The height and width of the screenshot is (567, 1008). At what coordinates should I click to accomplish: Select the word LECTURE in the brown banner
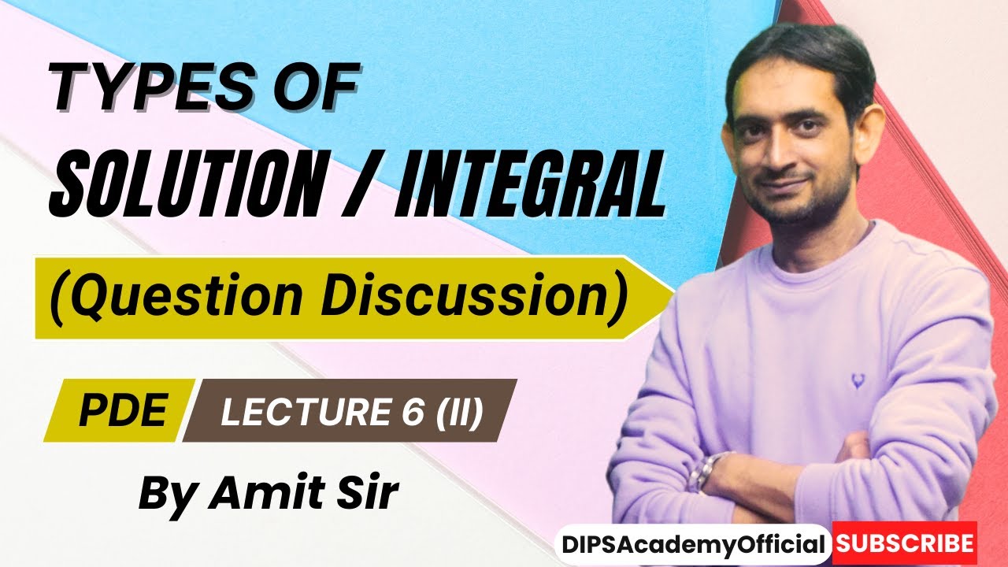tap(306, 411)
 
